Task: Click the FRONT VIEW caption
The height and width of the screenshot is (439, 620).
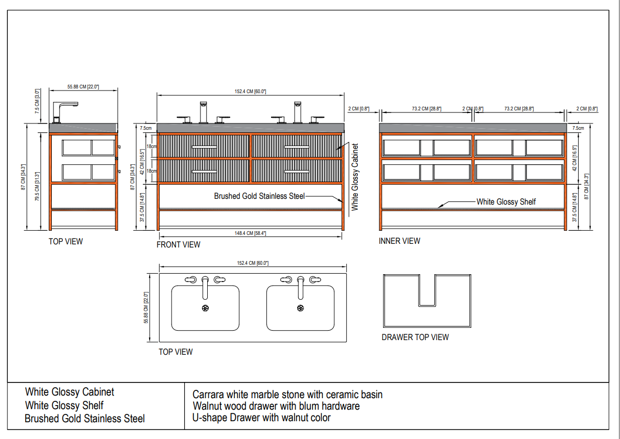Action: (x=178, y=245)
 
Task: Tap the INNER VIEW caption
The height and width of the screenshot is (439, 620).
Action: (x=399, y=241)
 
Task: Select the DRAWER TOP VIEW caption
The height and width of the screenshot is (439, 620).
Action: (x=415, y=337)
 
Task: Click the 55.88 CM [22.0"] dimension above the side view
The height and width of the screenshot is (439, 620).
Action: (x=83, y=87)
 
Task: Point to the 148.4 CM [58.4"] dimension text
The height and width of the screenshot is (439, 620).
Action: (x=250, y=233)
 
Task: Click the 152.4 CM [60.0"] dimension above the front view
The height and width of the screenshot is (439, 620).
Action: (x=250, y=92)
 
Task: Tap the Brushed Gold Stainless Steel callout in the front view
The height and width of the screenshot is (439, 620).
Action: (x=260, y=196)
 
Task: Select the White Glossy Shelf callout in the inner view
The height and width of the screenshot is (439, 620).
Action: (x=506, y=201)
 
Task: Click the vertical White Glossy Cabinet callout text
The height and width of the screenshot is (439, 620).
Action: (x=355, y=177)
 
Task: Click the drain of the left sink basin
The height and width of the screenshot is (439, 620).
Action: (x=205, y=308)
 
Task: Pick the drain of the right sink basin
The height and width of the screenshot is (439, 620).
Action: (x=300, y=308)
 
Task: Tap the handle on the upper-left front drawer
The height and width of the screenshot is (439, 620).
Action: (x=205, y=147)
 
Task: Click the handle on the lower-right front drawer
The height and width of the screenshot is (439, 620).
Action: (x=297, y=172)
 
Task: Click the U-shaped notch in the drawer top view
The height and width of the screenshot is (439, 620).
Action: (x=427, y=291)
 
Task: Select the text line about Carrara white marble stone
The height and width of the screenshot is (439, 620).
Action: (x=287, y=395)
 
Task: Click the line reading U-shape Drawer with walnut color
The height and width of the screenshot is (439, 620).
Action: (x=262, y=418)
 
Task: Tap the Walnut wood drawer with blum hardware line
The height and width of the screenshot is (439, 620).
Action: (x=276, y=406)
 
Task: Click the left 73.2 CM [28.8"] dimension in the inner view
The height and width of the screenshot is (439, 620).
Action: (x=426, y=109)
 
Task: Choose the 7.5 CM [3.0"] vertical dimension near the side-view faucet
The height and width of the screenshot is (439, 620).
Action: (x=37, y=101)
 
